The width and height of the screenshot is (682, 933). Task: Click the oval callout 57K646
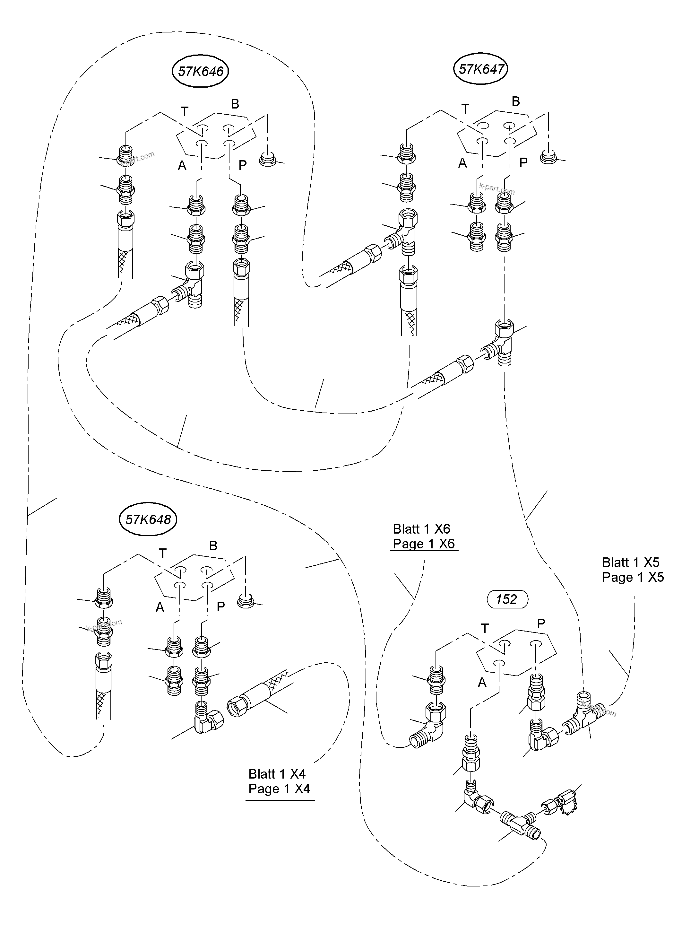coord(200,72)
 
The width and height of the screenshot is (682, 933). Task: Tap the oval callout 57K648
coord(148,519)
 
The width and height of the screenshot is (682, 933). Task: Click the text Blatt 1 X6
coord(421,529)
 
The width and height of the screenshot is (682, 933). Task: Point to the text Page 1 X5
coord(633,577)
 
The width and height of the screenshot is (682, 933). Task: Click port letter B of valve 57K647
coord(516,101)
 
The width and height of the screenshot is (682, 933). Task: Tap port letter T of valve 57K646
coord(185,111)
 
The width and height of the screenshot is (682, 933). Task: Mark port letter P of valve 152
coord(541,623)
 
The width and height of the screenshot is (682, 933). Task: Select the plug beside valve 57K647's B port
coord(548,157)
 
